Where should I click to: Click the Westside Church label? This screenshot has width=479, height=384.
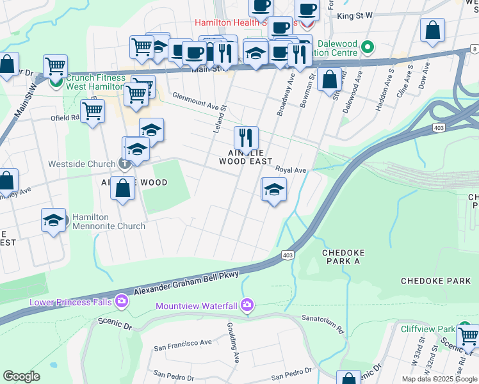(81, 164)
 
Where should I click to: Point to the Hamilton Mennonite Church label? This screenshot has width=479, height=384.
(108, 221)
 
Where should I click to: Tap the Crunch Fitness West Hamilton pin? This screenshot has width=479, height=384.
(56, 82)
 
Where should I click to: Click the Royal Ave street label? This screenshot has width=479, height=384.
(291, 170)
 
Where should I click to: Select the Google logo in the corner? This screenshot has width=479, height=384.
(21, 376)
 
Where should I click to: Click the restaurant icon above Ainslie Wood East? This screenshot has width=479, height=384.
(246, 138)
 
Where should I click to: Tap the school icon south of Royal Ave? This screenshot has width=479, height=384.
(273, 190)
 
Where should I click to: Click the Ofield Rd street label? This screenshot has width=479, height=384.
(65, 118)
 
